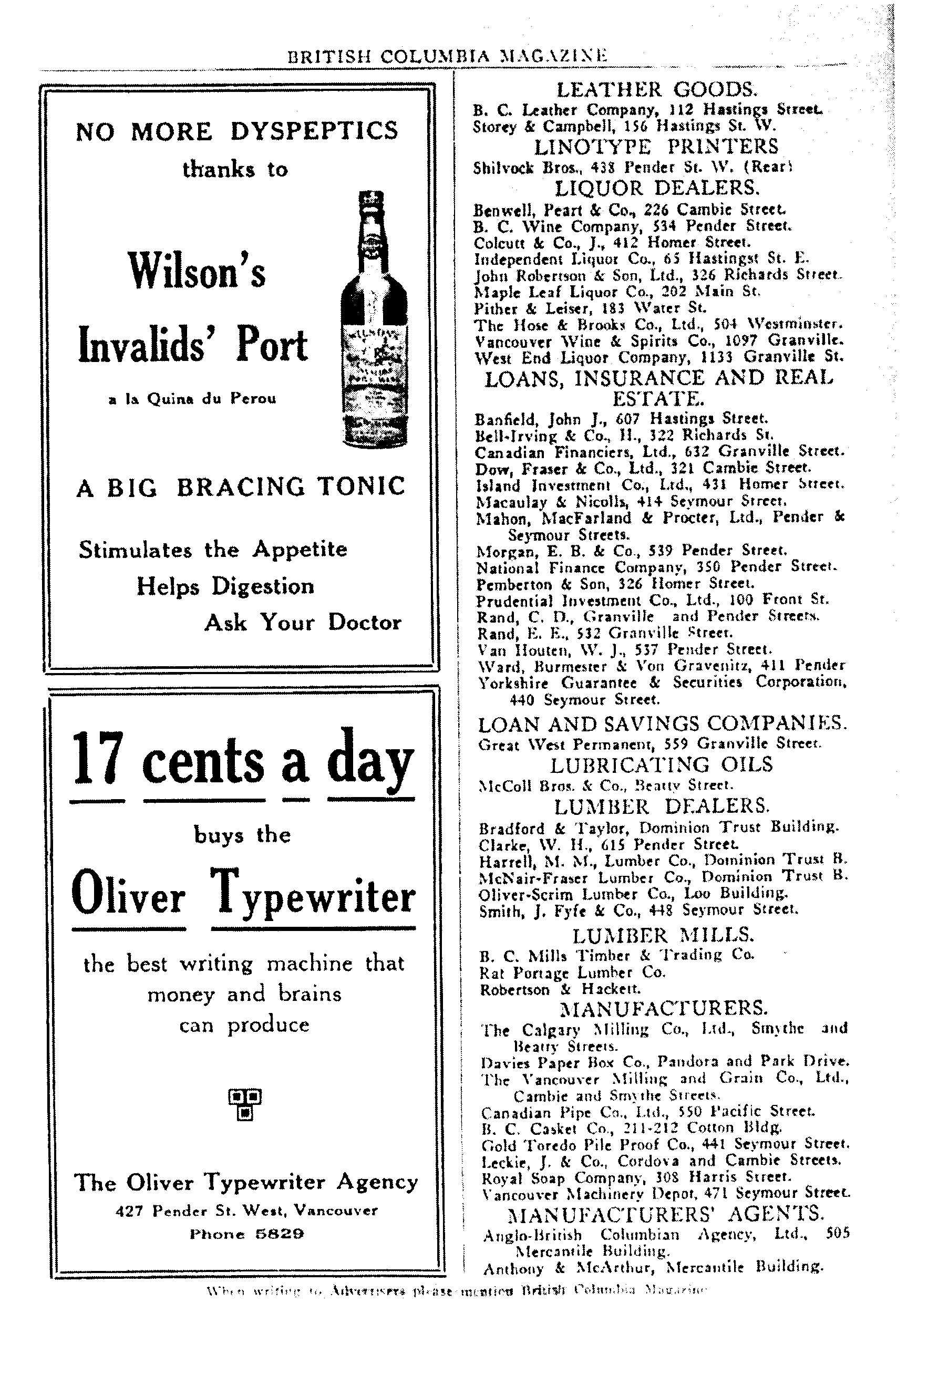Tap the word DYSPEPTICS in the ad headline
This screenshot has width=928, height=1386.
[x=314, y=131]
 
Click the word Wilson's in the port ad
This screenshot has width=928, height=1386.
[x=197, y=271]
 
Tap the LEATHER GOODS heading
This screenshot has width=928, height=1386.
[x=657, y=90]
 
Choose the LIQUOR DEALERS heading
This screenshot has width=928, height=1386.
[x=657, y=189]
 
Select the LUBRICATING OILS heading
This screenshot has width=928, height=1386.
[x=661, y=765]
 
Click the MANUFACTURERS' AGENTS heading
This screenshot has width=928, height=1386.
[x=666, y=1214]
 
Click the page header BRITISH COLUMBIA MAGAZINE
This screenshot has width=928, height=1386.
[x=447, y=56]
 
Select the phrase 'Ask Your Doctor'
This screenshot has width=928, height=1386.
[x=303, y=623]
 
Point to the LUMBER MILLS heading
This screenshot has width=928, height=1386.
[x=663, y=935]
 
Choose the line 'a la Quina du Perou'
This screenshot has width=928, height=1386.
[x=192, y=399]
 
